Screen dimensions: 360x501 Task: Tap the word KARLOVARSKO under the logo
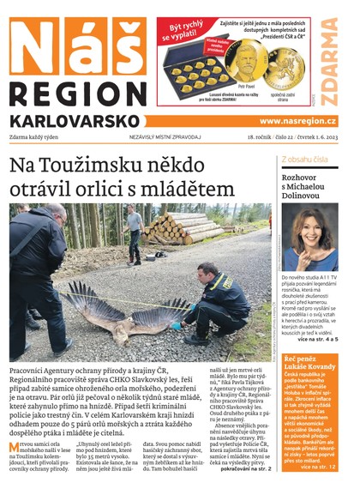coord(75,120)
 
